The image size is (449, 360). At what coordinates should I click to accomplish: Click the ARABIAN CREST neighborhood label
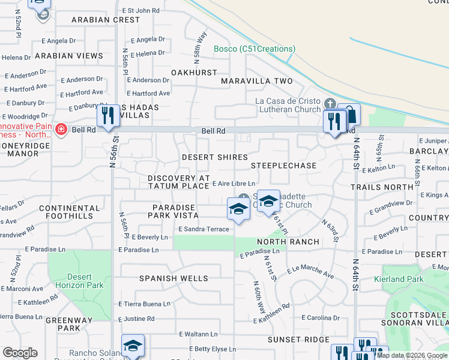point(105,20)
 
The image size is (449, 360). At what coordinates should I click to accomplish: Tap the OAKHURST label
point(194,73)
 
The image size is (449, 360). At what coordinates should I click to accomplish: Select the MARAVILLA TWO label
point(257,81)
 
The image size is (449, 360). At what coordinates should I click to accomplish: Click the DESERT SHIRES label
point(215,157)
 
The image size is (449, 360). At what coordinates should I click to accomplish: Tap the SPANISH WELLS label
point(173,278)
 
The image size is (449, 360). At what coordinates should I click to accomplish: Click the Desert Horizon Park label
point(80,281)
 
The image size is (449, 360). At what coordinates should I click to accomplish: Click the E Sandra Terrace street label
point(204,229)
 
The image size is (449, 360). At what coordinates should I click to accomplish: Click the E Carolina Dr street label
point(321,317)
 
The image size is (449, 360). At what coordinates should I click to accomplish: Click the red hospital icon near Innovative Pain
point(60,130)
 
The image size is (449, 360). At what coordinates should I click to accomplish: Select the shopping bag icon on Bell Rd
point(349,115)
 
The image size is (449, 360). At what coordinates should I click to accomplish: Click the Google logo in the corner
point(20,353)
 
